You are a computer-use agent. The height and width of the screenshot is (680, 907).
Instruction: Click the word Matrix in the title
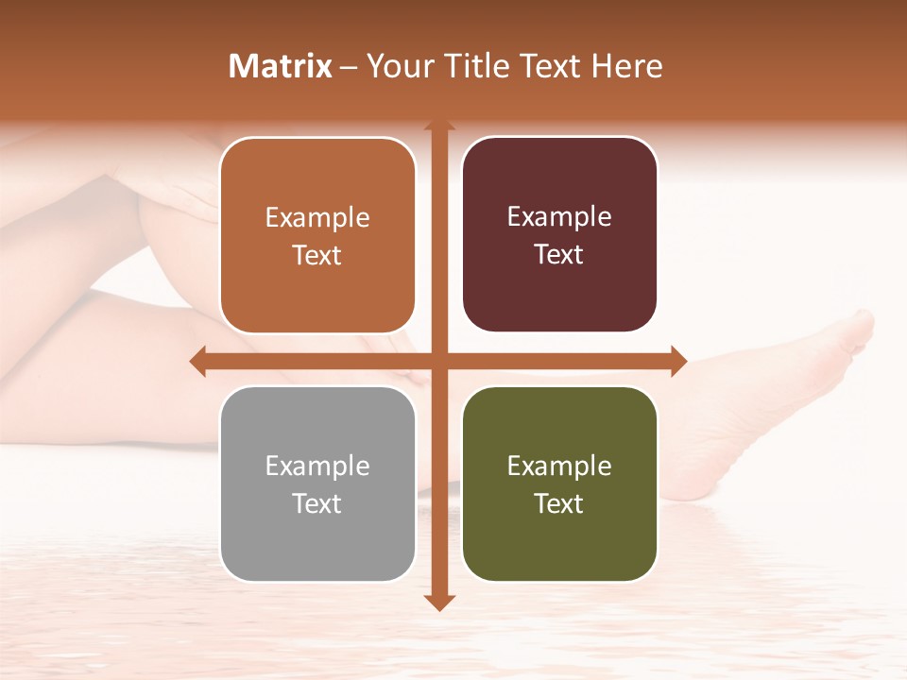281,66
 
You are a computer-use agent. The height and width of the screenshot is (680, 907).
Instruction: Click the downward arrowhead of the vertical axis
439,603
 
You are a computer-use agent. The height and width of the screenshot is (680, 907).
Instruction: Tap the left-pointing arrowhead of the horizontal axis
197,361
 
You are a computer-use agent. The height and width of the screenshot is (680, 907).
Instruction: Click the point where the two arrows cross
439,361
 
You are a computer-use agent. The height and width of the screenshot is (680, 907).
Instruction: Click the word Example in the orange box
317,218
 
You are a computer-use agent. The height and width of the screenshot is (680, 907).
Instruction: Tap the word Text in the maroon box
559,255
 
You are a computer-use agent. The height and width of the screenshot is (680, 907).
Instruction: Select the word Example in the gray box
317,467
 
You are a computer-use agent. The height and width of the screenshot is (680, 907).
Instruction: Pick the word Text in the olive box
559,503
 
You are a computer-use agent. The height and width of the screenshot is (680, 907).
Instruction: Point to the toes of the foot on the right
855,331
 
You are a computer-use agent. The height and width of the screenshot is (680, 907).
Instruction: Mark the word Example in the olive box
559,467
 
